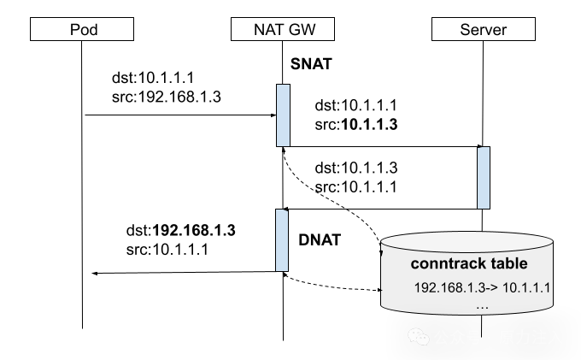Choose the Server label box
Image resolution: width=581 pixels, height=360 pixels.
pyautogui.click(x=483, y=30)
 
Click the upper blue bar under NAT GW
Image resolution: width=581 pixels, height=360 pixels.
pyautogui.click(x=283, y=115)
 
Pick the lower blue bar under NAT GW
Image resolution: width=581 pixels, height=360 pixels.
pyautogui.click(x=282, y=240)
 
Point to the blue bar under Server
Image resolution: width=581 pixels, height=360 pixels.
pyautogui.click(x=484, y=177)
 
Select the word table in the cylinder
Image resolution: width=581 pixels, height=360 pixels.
pyautogui.click(x=509, y=263)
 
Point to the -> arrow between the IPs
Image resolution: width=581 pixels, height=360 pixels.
pyautogui.click(x=491, y=287)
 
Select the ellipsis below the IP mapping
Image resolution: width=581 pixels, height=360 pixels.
pyautogui.click(x=482, y=305)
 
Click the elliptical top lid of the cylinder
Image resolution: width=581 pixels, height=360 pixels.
pyautogui.click(x=467, y=240)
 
